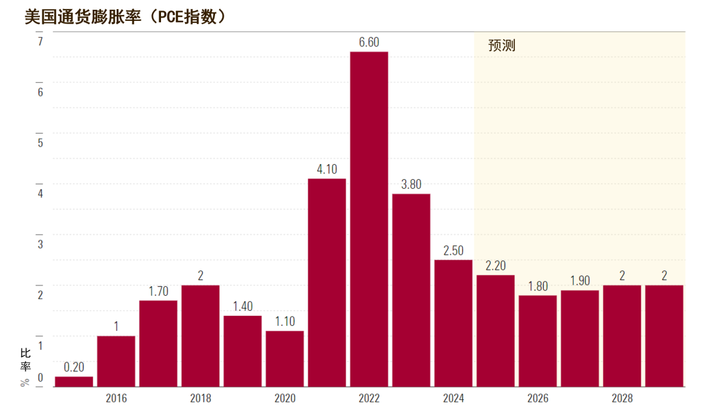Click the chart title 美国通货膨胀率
tap(83, 17)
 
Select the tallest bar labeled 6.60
tap(369, 219)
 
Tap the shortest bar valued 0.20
tap(74, 381)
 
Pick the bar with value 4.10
tap(327, 283)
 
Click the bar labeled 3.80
tap(411, 291)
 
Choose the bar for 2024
tap(454, 323)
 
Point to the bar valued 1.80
tap(538, 341)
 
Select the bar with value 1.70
tap(158, 344)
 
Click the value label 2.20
tap(495, 266)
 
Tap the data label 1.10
tap(285, 321)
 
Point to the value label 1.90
tap(580, 281)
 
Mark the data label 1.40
tap(243, 306)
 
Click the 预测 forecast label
tap(501, 46)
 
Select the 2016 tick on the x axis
tap(116, 398)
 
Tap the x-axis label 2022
tap(369, 398)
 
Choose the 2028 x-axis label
tap(623, 398)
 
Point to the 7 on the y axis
tap(40, 41)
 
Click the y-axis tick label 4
tap(40, 193)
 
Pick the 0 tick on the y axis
tap(40, 378)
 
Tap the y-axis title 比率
tap(25, 360)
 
